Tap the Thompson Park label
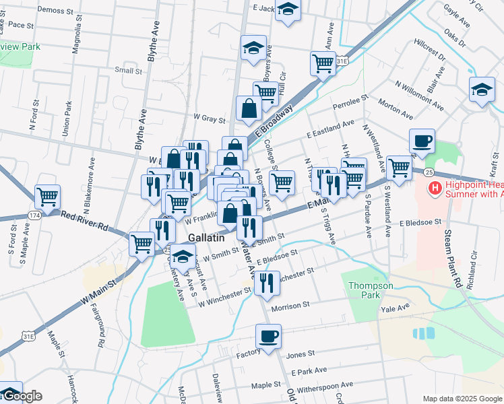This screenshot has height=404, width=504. (x=371, y=290)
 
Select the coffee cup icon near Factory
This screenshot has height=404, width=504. (x=268, y=337)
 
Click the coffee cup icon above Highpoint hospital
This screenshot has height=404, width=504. (x=422, y=142)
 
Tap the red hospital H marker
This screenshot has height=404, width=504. (x=435, y=187)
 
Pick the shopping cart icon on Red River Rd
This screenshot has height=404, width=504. (x=48, y=198)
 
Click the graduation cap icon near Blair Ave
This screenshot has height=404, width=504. (x=482, y=91)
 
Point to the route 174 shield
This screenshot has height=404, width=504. (x=34, y=215)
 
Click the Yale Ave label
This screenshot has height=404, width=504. (x=395, y=308)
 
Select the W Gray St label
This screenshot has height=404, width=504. (x=209, y=119)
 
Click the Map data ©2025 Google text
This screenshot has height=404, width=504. (x=462, y=398)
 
